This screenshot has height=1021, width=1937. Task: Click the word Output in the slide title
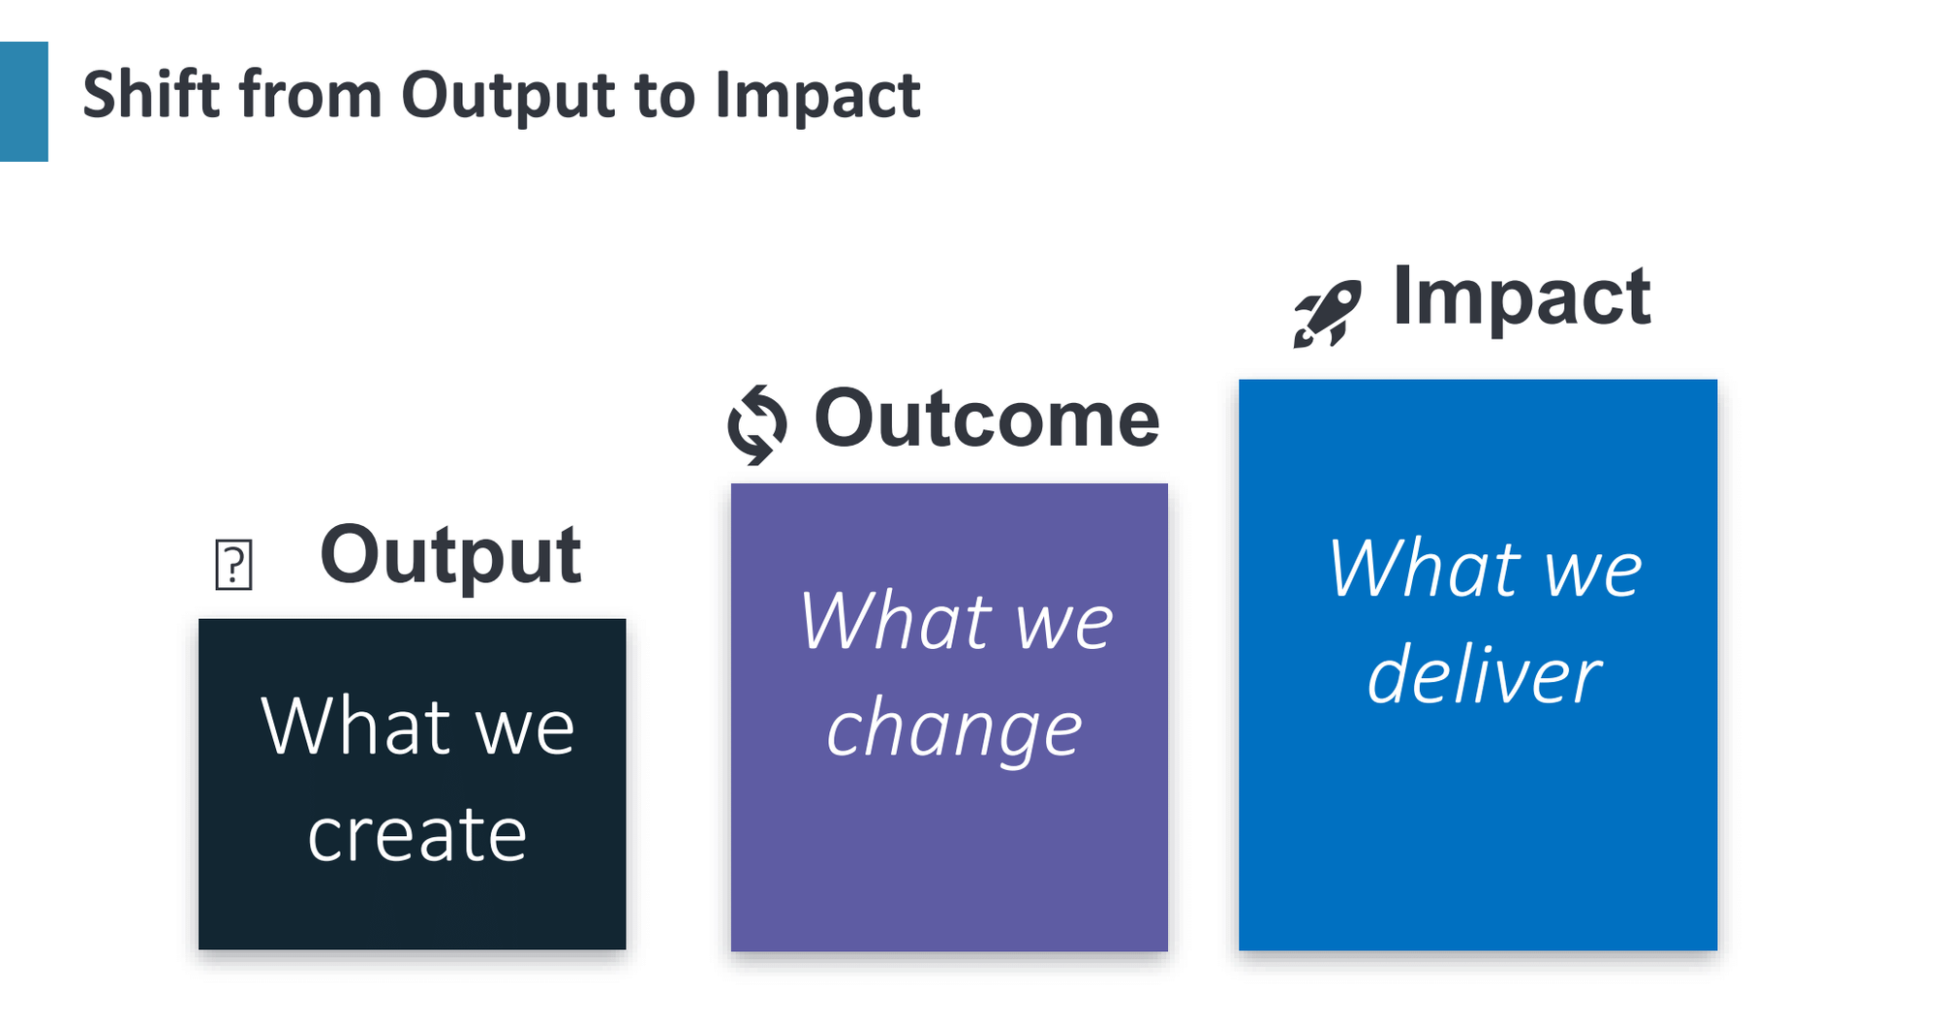pyautogui.click(x=507, y=97)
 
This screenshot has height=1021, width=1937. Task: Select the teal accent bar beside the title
pyautogui.click(x=23, y=101)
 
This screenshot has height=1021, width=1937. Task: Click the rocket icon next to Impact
pyautogui.click(x=1327, y=313)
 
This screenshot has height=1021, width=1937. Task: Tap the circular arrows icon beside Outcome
pyautogui.click(x=757, y=424)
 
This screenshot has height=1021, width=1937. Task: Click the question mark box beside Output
pyautogui.click(x=233, y=565)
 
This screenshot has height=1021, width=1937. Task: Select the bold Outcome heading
pyautogui.click(x=986, y=419)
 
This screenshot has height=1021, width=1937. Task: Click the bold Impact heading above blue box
pyautogui.click(x=1521, y=296)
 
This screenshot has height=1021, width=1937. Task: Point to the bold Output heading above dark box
pyautogui.click(x=450, y=555)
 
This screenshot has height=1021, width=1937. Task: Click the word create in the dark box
pyautogui.click(x=416, y=834)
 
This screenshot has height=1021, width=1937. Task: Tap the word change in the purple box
pyautogui.click(x=954, y=729)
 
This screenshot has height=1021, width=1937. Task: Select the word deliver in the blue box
pyautogui.click(x=1483, y=675)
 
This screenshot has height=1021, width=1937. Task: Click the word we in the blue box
pyautogui.click(x=1593, y=571)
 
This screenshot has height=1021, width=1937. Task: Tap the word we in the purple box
pyautogui.click(x=1064, y=623)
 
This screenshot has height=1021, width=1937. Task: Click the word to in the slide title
pyautogui.click(x=665, y=97)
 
